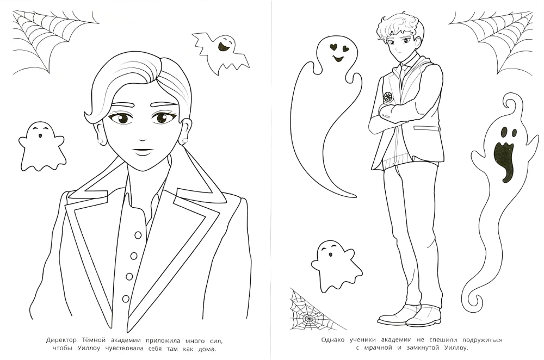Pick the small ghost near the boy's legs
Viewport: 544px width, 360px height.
(x=336, y=266)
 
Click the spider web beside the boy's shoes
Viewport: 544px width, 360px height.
(x=312, y=309)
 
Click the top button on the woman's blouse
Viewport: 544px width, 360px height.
(x=138, y=235)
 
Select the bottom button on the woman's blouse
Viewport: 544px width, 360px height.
(x=126, y=298)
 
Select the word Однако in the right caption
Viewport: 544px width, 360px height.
(x=333, y=339)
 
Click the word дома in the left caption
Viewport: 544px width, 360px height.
(x=208, y=349)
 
